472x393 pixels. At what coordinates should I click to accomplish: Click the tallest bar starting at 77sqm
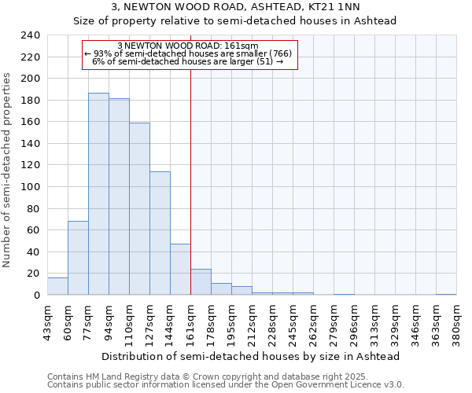[98, 194]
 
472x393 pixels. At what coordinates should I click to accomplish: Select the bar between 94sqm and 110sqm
[119, 196]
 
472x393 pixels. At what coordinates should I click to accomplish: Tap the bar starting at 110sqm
[139, 209]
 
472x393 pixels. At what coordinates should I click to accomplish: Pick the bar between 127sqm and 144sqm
[160, 233]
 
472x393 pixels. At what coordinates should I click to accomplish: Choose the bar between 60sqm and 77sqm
[78, 258]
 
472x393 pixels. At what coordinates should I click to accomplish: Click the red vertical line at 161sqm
[190, 157]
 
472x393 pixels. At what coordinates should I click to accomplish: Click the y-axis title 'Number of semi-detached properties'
[8, 170]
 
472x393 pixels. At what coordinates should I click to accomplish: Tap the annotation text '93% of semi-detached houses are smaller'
[189, 53]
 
